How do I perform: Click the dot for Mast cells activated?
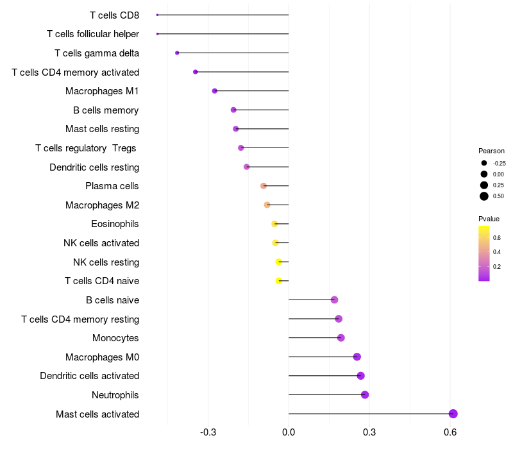point(453,414)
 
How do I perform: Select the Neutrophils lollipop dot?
point(365,394)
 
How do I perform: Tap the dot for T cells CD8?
point(157,15)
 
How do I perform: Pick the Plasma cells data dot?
point(264,186)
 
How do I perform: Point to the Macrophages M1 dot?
point(215,91)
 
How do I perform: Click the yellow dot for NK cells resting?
point(278,262)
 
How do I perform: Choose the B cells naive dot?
point(334,300)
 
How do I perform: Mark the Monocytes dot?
point(341,338)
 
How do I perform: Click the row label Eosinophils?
point(115,224)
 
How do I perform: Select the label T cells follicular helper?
point(93,34)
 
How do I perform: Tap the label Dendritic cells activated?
point(90,376)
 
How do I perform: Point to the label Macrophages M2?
point(103,205)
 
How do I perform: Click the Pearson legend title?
point(491,151)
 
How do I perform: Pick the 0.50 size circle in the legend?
point(484,196)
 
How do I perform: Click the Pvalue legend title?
point(489,219)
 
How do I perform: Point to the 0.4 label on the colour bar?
point(497,252)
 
